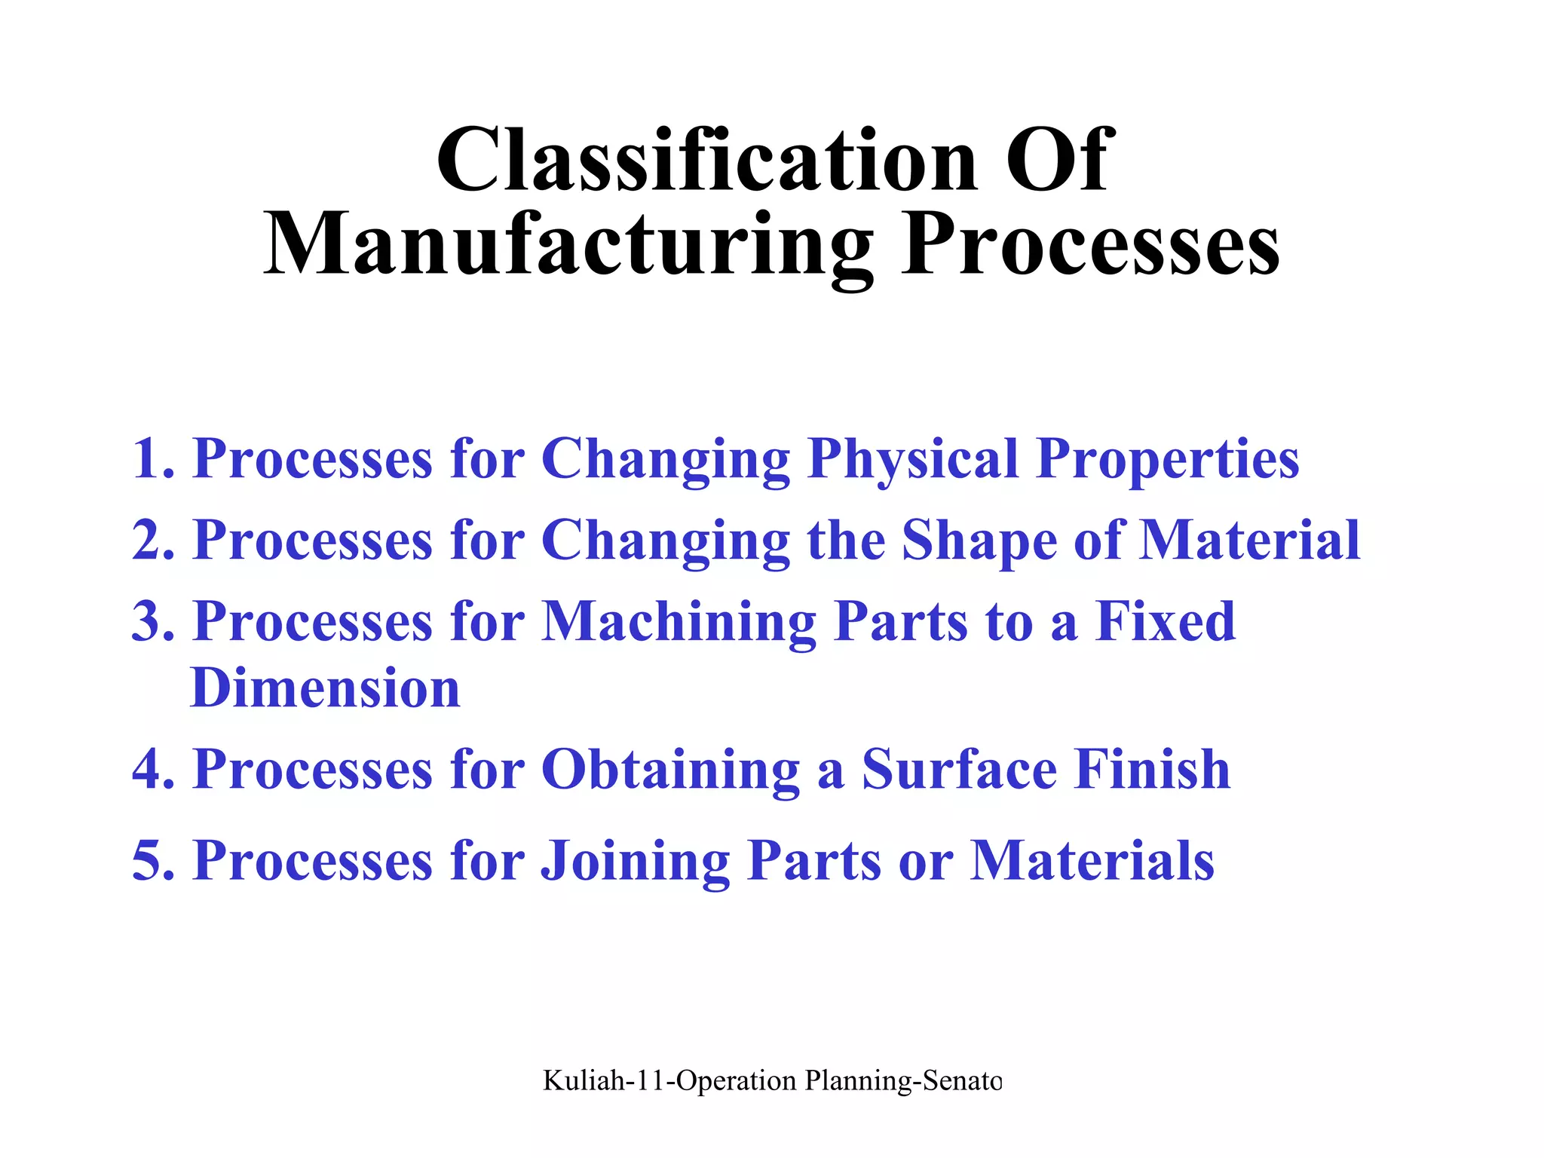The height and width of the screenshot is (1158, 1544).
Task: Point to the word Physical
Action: [913, 460]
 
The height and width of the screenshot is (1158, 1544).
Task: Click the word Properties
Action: [1167, 460]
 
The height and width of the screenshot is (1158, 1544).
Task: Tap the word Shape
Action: [979, 541]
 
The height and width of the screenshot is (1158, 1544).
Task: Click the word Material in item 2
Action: [1249, 540]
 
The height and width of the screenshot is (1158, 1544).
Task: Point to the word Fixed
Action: [1165, 621]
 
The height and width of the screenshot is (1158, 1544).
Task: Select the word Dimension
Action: [325, 688]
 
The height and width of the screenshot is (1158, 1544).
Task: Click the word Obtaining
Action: [670, 770]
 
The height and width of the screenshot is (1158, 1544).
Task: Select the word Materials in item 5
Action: [1092, 860]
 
